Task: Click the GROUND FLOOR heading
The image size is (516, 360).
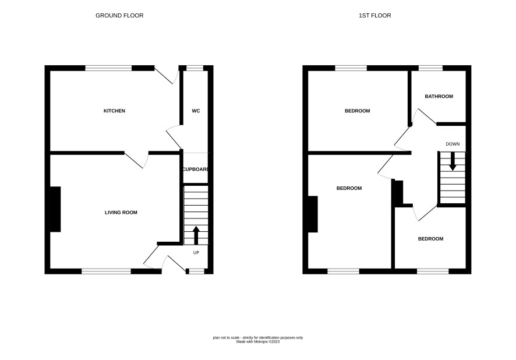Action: click(x=119, y=16)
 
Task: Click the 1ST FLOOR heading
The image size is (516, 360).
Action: click(x=375, y=16)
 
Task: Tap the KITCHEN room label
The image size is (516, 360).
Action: click(x=114, y=111)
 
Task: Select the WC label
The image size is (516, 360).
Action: click(x=196, y=111)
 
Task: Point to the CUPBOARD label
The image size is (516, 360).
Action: click(x=196, y=169)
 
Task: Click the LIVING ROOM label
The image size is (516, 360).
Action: click(x=121, y=213)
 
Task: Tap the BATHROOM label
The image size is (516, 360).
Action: click(x=439, y=97)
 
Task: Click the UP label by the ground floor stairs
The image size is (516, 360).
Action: click(x=196, y=253)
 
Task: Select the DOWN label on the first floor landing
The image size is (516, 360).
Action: click(x=453, y=144)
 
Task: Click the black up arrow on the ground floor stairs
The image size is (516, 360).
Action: click(x=196, y=235)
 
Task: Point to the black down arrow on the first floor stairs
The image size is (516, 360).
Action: click(x=453, y=161)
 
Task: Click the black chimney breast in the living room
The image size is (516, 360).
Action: click(x=55, y=209)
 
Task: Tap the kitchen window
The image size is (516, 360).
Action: click(x=108, y=68)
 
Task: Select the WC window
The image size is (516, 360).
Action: click(x=195, y=68)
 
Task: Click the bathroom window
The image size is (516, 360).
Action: click(x=430, y=68)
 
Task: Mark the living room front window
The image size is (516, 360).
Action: click(x=107, y=271)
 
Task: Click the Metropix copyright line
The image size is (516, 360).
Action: click(x=258, y=342)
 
